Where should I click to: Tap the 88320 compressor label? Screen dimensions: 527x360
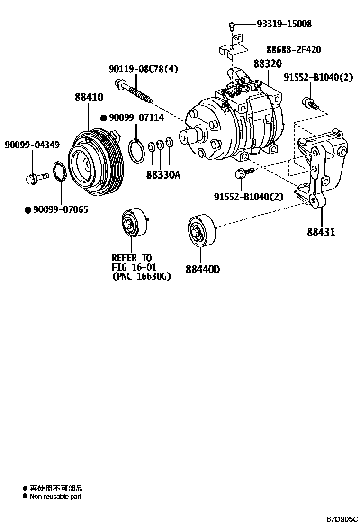tap(267, 64)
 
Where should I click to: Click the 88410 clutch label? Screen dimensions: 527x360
tap(89, 98)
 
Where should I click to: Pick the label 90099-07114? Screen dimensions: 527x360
tap(130, 118)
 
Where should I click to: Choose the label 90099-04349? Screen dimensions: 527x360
tap(32, 144)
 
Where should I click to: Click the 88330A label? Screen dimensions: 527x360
tap(163, 175)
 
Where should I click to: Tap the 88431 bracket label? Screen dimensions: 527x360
tap(321, 232)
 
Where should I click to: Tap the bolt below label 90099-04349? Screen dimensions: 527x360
tap(36, 178)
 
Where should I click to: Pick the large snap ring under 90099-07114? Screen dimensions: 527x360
tap(136, 150)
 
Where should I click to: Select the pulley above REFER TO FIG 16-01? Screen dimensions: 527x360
tap(133, 222)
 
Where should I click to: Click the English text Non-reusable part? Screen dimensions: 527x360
tap(55, 497)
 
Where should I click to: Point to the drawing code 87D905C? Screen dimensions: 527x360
tap(342, 519)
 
